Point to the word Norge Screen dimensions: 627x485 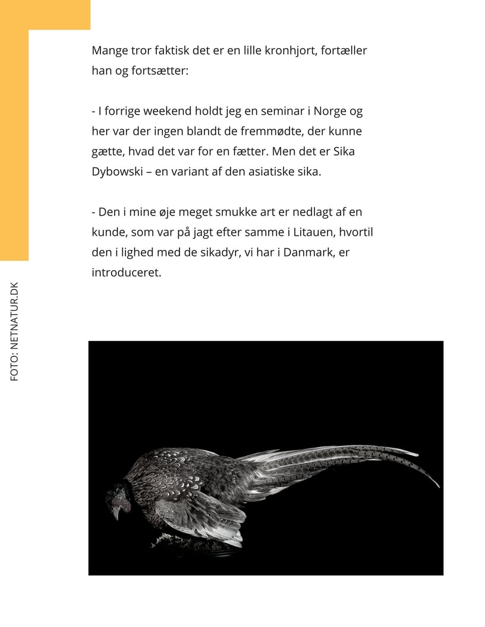(x=330, y=112)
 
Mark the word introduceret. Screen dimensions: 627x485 (x=126, y=273)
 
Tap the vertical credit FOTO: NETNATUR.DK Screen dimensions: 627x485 (x=15, y=331)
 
